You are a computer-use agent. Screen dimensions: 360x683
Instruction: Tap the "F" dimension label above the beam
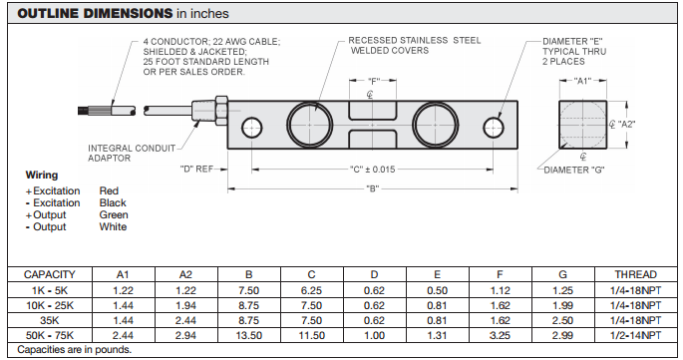(374, 81)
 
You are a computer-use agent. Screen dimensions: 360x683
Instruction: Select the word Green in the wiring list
(113, 214)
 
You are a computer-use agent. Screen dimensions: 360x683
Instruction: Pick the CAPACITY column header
(51, 274)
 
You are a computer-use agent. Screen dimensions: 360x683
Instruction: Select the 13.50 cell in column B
(249, 335)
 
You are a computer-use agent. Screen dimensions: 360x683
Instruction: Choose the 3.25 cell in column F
(499, 335)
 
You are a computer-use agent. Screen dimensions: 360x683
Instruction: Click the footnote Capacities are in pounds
(75, 350)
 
